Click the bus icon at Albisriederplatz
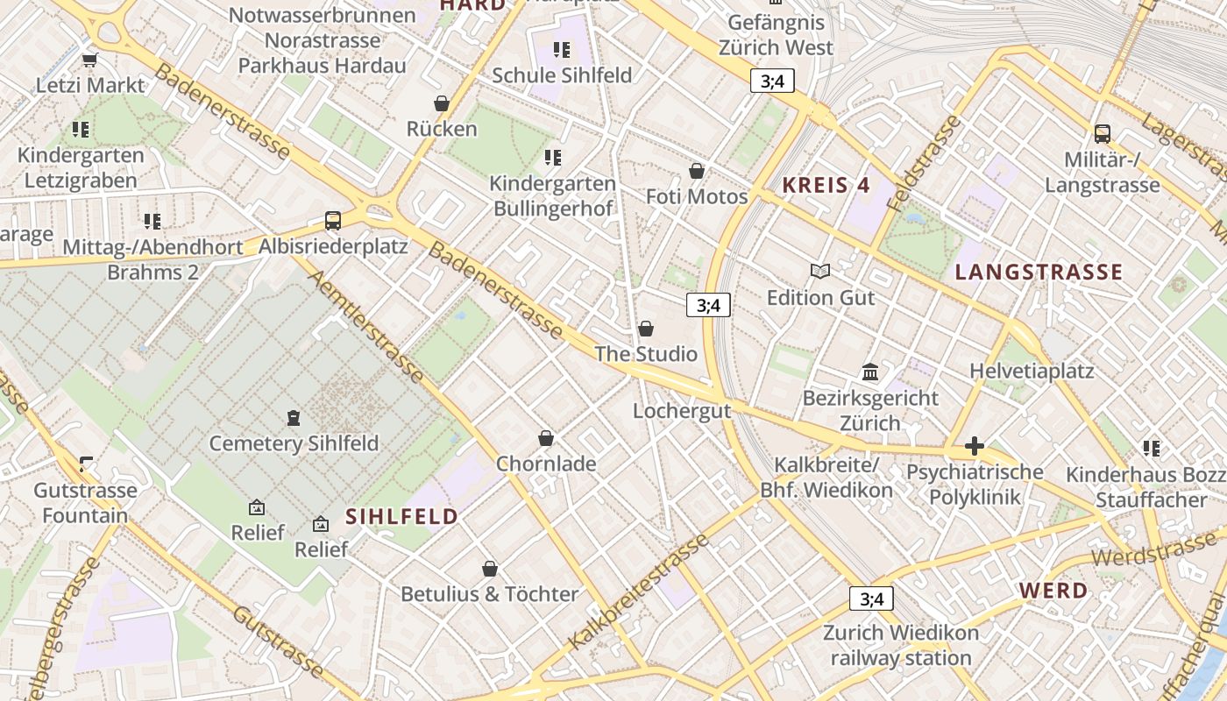[x=333, y=221]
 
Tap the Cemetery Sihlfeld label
[x=294, y=443]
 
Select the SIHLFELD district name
[x=402, y=517]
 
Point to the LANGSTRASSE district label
[x=1039, y=273]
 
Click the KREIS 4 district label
[x=826, y=185]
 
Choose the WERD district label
[x=1053, y=591]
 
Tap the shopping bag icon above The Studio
[x=646, y=329]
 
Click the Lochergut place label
[x=682, y=411]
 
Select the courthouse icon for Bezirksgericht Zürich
[x=870, y=372]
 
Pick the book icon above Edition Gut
[x=820, y=272]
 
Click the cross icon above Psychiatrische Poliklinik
[x=974, y=447]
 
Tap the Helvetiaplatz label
[x=1032, y=372]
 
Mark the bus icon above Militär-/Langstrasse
[x=1103, y=134]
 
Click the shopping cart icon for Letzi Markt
[x=89, y=60]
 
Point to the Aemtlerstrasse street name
[x=365, y=326]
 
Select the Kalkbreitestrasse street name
[x=637, y=591]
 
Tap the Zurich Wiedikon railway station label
[x=901, y=645]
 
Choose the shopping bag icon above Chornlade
[x=546, y=438]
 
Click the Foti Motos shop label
[x=697, y=196]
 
